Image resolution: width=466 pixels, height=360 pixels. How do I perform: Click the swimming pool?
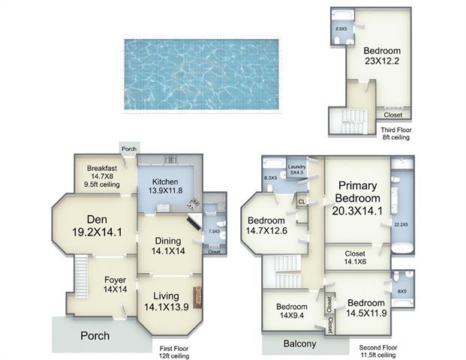202,74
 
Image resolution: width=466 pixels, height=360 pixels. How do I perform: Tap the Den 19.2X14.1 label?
98,226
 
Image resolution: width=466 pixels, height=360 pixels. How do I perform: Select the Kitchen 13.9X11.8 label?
165,186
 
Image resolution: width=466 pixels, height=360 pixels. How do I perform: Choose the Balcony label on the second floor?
299,343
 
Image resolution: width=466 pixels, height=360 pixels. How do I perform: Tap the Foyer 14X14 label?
116,284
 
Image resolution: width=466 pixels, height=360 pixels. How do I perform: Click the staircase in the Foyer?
81,277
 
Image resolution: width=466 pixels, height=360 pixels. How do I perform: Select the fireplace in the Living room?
197,297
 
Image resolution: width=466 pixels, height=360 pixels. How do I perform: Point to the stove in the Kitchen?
193,204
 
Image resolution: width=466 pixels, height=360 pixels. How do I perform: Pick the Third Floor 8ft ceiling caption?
396,133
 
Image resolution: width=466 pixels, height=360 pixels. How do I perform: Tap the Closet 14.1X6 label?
355,257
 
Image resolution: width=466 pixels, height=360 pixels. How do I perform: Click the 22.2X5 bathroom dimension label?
401,224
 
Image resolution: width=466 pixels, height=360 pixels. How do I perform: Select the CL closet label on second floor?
302,202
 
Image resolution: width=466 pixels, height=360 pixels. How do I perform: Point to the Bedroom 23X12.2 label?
382,55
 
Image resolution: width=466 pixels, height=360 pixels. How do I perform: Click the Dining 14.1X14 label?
168,246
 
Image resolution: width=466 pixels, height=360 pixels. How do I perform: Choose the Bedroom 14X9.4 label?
292,310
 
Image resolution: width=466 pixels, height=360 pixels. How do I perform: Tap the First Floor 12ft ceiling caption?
174,352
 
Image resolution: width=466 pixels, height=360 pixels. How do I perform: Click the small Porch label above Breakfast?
129,148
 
